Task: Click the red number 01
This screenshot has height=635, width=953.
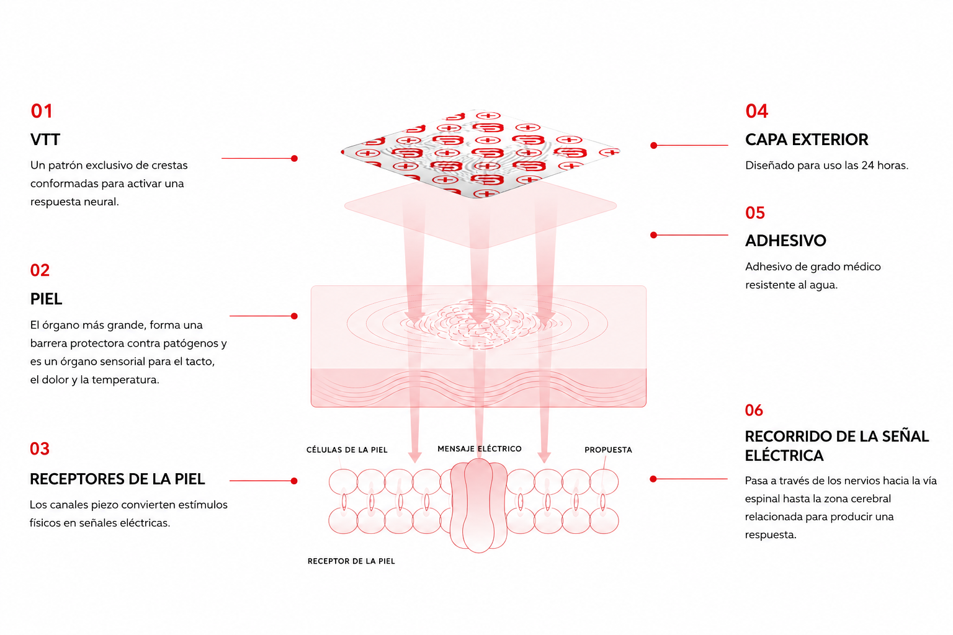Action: click(x=42, y=111)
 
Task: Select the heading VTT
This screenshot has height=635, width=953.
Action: click(x=45, y=140)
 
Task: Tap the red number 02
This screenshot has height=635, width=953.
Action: click(x=40, y=270)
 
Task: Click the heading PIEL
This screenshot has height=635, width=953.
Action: click(x=46, y=299)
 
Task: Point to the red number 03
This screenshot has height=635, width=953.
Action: click(x=40, y=449)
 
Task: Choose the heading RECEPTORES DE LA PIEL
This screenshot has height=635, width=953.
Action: click(x=117, y=479)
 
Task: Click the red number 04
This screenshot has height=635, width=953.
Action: click(x=756, y=111)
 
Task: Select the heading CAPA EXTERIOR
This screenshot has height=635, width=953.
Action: click(x=807, y=140)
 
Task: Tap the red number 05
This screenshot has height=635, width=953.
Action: click(x=755, y=213)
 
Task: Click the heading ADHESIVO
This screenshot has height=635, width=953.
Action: click(x=785, y=241)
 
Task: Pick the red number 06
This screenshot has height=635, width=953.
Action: click(x=754, y=410)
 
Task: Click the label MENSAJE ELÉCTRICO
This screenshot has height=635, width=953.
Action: click(x=480, y=449)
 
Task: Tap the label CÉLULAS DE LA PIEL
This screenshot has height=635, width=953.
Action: click(x=347, y=450)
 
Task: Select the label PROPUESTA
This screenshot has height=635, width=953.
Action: click(x=608, y=450)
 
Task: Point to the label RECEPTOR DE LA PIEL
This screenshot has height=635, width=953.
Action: click(x=351, y=561)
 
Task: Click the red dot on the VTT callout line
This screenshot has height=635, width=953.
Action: click(x=294, y=158)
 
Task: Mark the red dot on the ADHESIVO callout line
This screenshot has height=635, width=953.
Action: click(x=654, y=235)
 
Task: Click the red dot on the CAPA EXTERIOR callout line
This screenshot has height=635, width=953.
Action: click(x=654, y=146)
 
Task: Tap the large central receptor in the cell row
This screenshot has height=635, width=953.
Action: click(x=478, y=505)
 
